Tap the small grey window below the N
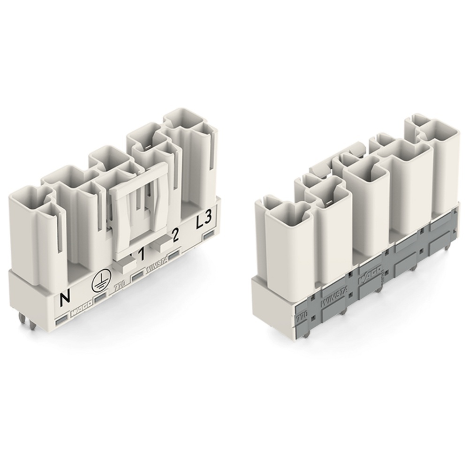click(x=61, y=321)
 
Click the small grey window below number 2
click(x=174, y=255)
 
